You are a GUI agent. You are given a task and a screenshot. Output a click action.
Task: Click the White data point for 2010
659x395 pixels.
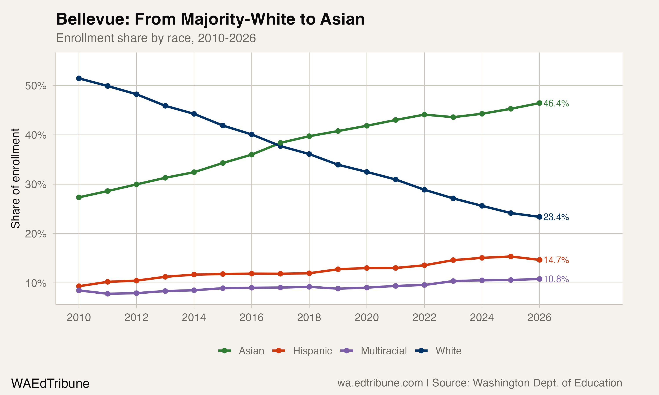coord(79,78)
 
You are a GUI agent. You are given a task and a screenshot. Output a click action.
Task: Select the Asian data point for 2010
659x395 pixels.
coord(79,197)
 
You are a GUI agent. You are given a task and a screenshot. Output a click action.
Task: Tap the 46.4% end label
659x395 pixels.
coord(556,103)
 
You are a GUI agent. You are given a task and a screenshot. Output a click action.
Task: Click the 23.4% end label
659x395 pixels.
coord(556,217)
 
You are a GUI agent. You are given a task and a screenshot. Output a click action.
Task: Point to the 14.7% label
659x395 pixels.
coord(556,260)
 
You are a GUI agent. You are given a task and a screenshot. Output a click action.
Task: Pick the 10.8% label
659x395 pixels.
coord(556,279)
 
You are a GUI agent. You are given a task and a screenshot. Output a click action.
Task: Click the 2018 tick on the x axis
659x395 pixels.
coord(309,318)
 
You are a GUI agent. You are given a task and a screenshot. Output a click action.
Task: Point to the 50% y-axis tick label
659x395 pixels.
coord(36,86)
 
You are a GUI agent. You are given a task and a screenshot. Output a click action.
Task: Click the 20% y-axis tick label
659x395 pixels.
coord(36,234)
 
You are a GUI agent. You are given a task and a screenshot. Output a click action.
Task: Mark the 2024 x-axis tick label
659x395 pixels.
coord(482,318)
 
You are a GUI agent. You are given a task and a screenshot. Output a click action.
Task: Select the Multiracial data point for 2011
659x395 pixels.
coord(108,294)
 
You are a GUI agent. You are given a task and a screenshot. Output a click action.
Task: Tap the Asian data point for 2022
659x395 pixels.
coord(424,115)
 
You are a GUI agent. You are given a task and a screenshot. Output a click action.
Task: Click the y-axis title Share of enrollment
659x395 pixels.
coord(15,178)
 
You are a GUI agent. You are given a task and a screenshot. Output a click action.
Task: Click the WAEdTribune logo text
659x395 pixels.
coord(50,384)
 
